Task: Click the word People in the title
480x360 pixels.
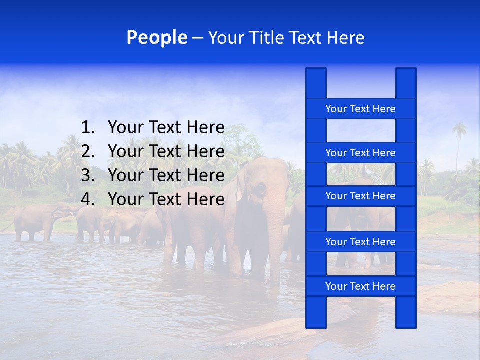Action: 156,37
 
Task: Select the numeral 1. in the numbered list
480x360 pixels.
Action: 88,128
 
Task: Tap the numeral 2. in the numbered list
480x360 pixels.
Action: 88,151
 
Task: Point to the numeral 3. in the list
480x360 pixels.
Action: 88,175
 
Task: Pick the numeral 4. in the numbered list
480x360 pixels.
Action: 88,199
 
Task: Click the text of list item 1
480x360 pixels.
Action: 166,128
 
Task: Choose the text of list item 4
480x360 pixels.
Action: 166,199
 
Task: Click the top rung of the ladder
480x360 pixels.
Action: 360,109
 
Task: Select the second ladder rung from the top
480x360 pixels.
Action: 360,153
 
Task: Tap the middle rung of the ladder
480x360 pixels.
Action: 360,196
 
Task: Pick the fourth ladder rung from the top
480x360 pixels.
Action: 360,242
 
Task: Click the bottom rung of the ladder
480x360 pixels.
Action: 360,286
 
